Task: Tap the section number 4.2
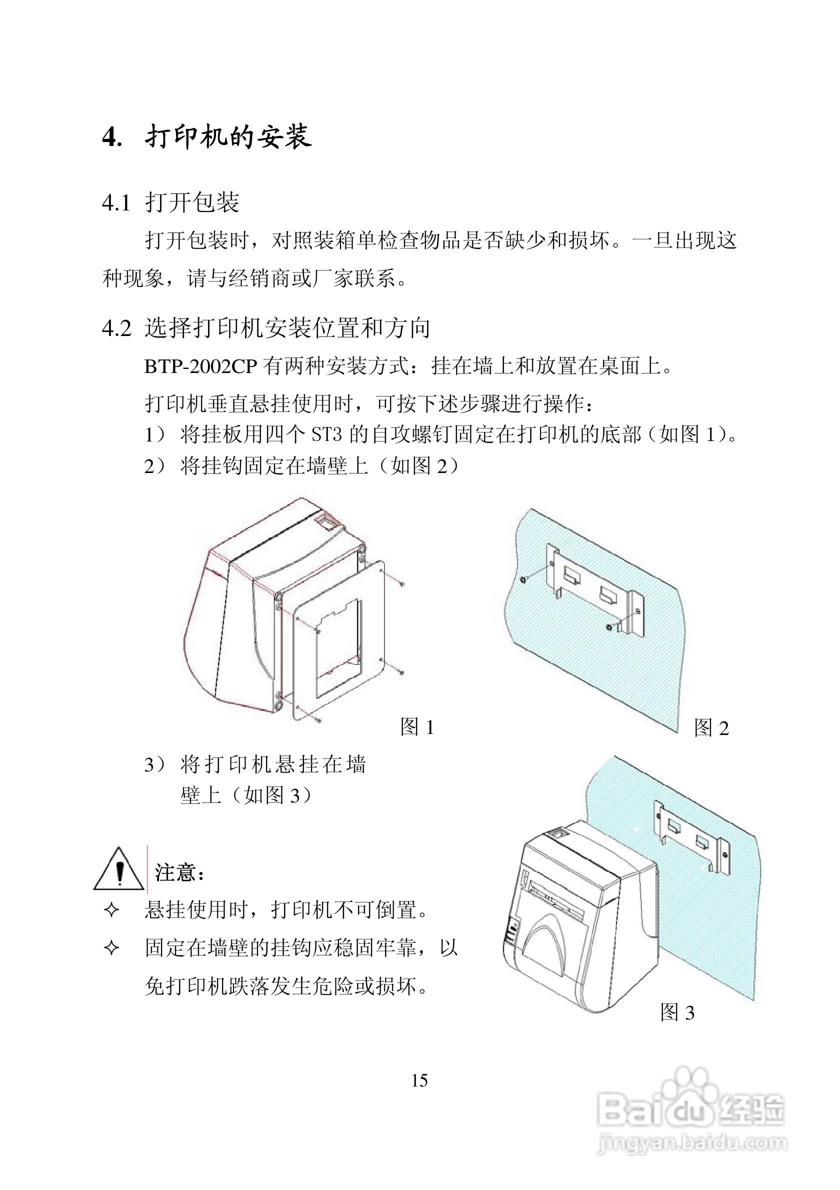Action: click(116, 328)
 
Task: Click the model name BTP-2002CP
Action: click(200, 367)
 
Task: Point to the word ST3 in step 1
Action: click(326, 434)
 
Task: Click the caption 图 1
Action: click(416, 727)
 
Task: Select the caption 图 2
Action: click(711, 728)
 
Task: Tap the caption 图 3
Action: click(677, 1012)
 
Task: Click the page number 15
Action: click(419, 1080)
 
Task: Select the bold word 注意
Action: click(174, 873)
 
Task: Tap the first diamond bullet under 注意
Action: click(111, 910)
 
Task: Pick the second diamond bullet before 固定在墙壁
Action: click(111, 948)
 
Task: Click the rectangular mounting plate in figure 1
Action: click(339, 642)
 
